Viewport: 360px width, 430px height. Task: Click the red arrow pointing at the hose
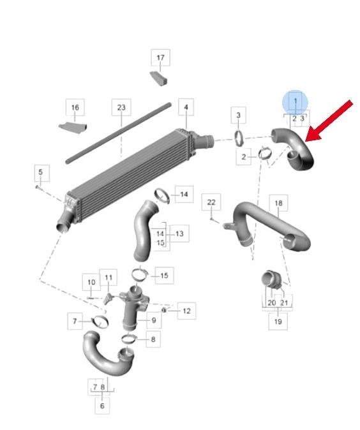(329, 121)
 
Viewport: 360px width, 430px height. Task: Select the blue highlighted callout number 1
(296, 101)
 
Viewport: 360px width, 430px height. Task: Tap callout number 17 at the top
(160, 57)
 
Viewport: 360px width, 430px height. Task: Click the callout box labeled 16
(75, 107)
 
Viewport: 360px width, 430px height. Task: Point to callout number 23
(121, 107)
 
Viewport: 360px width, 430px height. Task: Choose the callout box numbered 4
(186, 107)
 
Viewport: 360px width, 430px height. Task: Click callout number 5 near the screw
(41, 172)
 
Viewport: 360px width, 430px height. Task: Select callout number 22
(211, 202)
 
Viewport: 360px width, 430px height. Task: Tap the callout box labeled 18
(278, 203)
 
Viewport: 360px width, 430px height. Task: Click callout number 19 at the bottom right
(278, 321)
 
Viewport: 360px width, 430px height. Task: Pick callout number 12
(186, 311)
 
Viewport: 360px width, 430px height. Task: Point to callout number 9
(154, 320)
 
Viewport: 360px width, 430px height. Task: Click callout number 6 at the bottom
(102, 405)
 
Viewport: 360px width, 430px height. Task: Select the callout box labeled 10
(91, 282)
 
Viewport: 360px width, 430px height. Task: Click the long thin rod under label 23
(119, 133)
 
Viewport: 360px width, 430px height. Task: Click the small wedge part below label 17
(159, 78)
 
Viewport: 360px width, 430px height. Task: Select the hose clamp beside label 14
(162, 195)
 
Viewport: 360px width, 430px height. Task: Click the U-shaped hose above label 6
(109, 355)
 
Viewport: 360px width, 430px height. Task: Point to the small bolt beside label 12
(164, 310)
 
